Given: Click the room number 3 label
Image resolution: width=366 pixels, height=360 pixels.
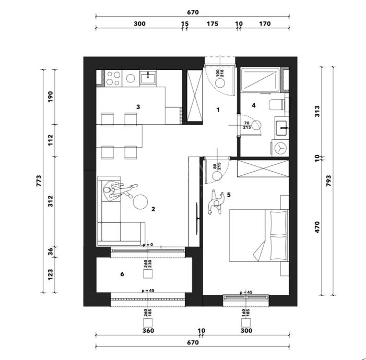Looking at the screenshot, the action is tap(138, 107).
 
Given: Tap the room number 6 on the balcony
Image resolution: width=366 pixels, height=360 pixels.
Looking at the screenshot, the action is tap(122, 274).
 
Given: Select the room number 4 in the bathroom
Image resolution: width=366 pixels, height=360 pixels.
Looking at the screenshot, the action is tap(254, 106).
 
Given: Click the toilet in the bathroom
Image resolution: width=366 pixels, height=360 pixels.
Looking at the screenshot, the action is tap(277, 104).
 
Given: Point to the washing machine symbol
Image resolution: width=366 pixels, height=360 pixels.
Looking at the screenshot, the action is tap(280, 148).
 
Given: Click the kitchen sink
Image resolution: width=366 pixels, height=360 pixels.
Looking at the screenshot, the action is tap(148, 78).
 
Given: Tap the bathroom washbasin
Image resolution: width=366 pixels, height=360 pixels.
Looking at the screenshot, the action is tap(282, 128).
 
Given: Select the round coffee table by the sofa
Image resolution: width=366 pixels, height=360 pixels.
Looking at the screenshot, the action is tap(140, 202).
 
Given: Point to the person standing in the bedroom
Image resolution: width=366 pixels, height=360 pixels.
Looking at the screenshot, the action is tap(217, 202).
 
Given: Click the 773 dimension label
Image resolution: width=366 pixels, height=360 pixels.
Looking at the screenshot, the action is tap(39, 181).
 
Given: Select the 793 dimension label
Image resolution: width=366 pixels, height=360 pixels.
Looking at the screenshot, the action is tap(328, 181).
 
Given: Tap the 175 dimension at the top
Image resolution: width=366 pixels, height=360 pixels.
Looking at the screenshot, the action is tap(212, 24).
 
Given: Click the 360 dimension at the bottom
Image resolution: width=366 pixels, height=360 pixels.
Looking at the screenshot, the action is tap(148, 331).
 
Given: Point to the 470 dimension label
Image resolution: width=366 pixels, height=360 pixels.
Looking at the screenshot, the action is tap(317, 227).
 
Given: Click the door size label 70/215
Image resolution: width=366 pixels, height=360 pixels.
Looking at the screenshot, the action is tap(247, 125).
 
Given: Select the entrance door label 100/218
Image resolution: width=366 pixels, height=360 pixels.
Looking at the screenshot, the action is tap(220, 73).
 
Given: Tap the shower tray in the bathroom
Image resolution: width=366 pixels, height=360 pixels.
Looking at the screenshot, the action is tap(260, 79).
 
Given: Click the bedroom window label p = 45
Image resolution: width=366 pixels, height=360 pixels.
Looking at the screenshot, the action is tap(246, 292).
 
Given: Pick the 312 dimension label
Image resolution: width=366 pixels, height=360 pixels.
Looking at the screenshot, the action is tap(51, 201).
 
